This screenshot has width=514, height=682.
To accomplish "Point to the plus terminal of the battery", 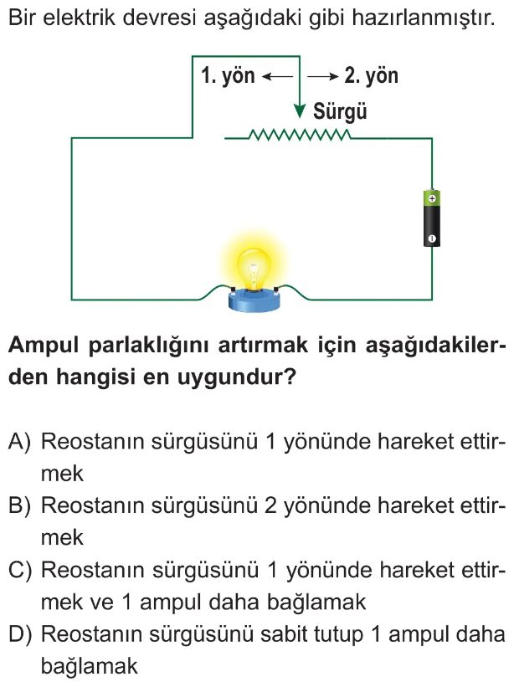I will click(x=431, y=198).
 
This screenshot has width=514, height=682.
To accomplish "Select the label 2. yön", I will click(x=371, y=76).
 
